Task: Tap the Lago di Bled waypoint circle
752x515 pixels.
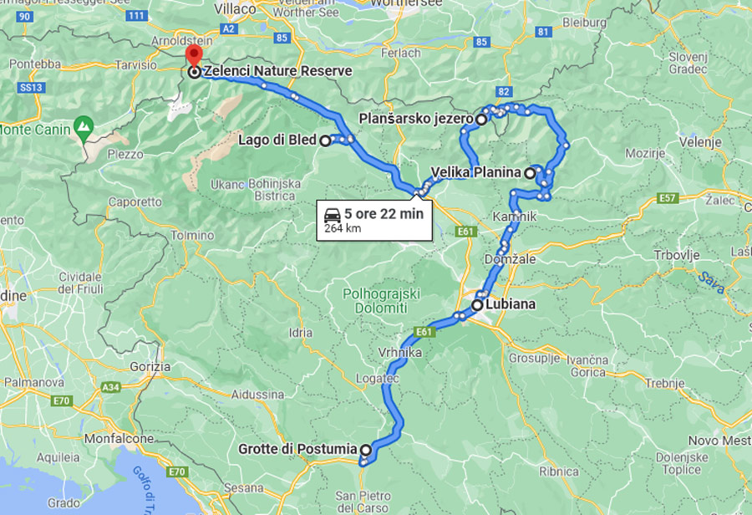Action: point(325,141)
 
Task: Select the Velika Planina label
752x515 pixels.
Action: point(477,173)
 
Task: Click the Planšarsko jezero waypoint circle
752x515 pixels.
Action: point(481,120)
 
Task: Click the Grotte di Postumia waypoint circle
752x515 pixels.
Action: point(365,450)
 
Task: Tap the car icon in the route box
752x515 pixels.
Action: point(332,213)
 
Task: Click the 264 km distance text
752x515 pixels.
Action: point(342,227)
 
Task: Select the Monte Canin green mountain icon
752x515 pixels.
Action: point(83,127)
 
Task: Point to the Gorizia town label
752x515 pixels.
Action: point(151,366)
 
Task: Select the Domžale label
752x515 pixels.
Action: point(515,259)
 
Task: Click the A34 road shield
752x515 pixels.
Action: point(110,388)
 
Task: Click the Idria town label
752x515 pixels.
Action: point(300,333)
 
